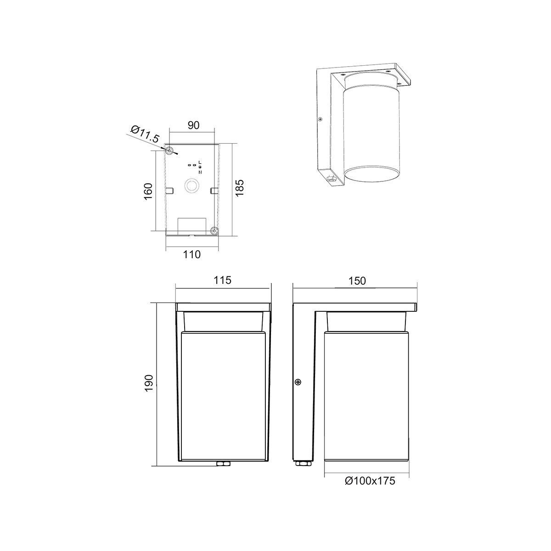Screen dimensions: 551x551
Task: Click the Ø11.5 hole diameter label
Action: pos(145,134)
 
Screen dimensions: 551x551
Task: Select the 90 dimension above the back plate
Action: pos(193,125)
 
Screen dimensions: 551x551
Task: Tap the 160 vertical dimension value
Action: pos(148,191)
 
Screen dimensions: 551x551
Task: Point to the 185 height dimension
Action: pos(239,187)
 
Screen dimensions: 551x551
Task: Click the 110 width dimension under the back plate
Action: pos(191,254)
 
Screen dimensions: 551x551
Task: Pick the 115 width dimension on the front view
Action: pos(222,280)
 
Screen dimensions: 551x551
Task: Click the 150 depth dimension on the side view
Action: pos(357,281)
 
